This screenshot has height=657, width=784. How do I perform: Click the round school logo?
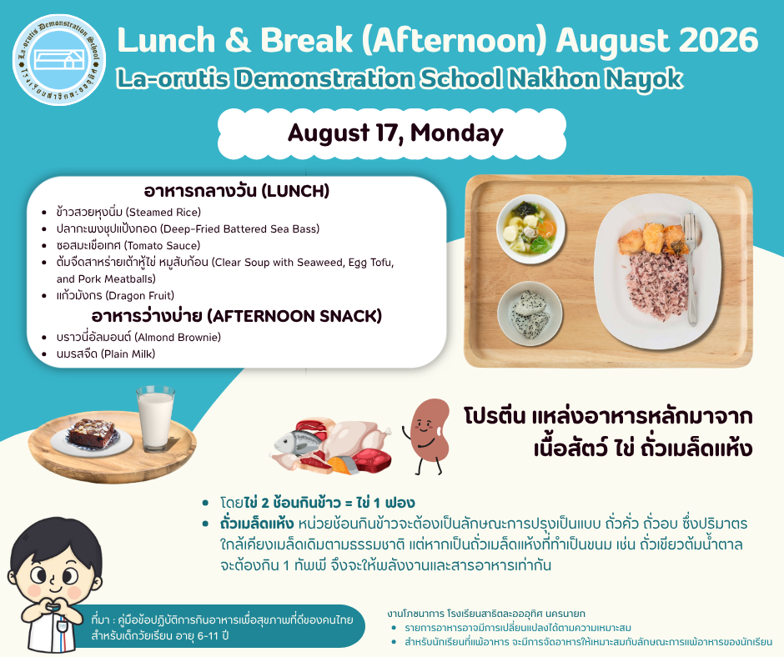(59, 59)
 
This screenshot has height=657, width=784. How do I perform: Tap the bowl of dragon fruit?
(530, 314)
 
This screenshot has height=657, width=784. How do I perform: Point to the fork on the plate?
(691, 269)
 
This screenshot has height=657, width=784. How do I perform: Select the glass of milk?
(155, 419)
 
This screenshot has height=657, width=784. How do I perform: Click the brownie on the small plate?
(91, 433)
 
